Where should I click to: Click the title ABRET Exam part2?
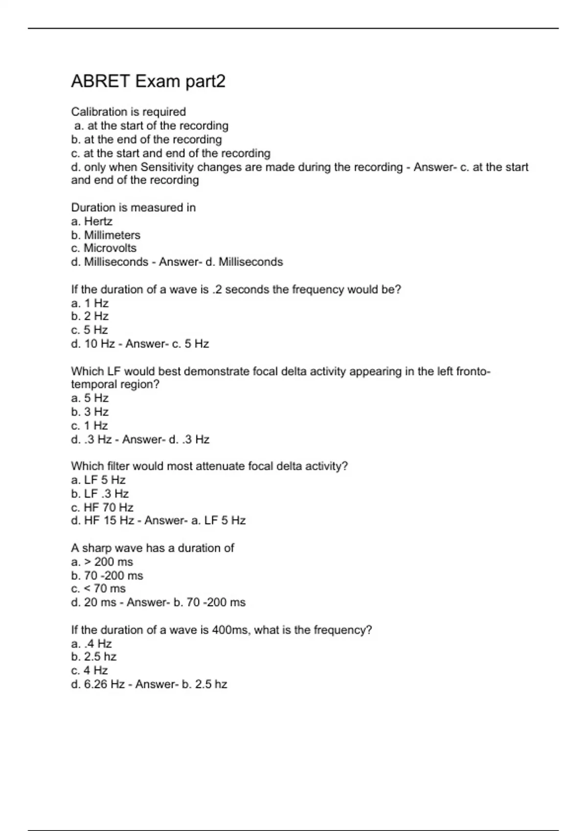coord(148,81)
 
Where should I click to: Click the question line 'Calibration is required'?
coord(128,112)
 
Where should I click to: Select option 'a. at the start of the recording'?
coord(151,126)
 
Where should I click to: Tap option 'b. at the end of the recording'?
coord(146,139)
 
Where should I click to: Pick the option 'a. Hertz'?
coord(91,221)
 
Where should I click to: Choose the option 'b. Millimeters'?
coord(106,235)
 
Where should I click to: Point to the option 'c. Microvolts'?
coord(104,248)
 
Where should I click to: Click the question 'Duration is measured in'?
coord(133,208)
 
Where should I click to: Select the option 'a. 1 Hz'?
coord(90,303)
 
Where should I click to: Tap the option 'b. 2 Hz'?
coord(90,316)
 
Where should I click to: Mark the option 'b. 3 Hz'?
coord(90,412)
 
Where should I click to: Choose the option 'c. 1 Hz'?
coord(90,425)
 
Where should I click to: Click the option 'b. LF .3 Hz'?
coord(100,494)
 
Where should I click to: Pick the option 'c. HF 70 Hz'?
coord(102,507)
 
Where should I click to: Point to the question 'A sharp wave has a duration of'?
coord(153,548)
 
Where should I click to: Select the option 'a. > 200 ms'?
coord(102,562)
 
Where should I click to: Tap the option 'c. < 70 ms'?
coord(98,589)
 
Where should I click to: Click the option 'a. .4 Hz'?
coord(91,644)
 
